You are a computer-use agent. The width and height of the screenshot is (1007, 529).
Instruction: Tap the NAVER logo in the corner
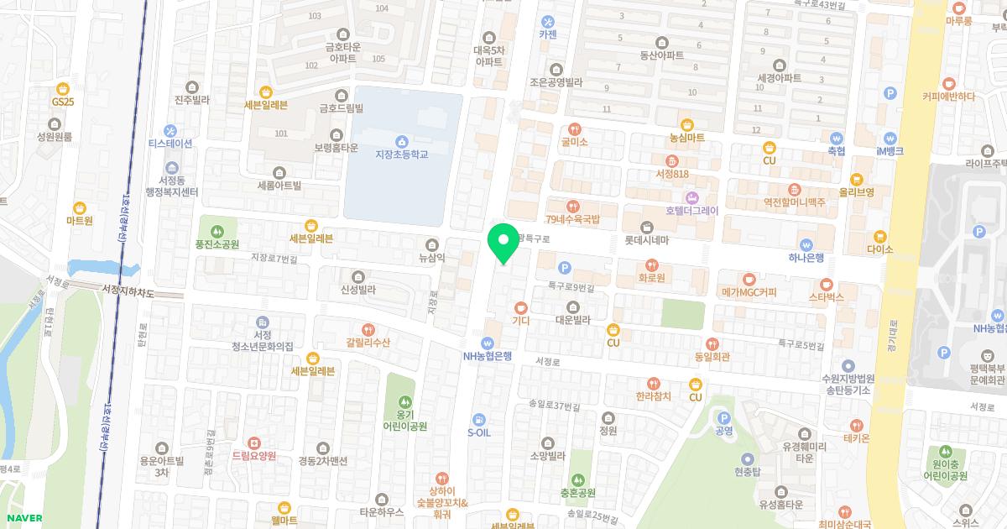(x=22, y=518)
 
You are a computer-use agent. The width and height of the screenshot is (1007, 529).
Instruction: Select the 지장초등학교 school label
(x=401, y=155)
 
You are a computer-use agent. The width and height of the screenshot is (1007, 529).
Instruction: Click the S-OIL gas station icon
(x=477, y=418)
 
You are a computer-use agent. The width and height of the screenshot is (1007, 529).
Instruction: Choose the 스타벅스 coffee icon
(x=826, y=284)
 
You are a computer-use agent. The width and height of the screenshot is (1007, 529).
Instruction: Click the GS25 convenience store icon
(x=62, y=88)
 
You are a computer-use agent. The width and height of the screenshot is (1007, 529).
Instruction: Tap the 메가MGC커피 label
(x=749, y=292)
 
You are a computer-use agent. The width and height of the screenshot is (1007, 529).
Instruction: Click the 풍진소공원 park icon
(x=217, y=231)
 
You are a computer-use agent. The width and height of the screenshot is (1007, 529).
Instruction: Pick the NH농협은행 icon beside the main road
(x=487, y=343)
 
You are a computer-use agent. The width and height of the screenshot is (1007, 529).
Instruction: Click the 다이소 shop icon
(x=879, y=237)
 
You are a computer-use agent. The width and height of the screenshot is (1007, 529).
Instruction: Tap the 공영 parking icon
(x=723, y=418)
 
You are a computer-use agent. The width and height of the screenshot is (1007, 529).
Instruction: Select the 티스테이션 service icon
(x=170, y=130)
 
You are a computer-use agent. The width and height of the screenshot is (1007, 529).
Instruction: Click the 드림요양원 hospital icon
(x=253, y=443)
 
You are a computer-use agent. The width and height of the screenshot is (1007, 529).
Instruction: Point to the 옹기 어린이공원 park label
(x=405, y=420)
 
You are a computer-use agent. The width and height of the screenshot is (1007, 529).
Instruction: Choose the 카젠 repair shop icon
(x=548, y=22)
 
